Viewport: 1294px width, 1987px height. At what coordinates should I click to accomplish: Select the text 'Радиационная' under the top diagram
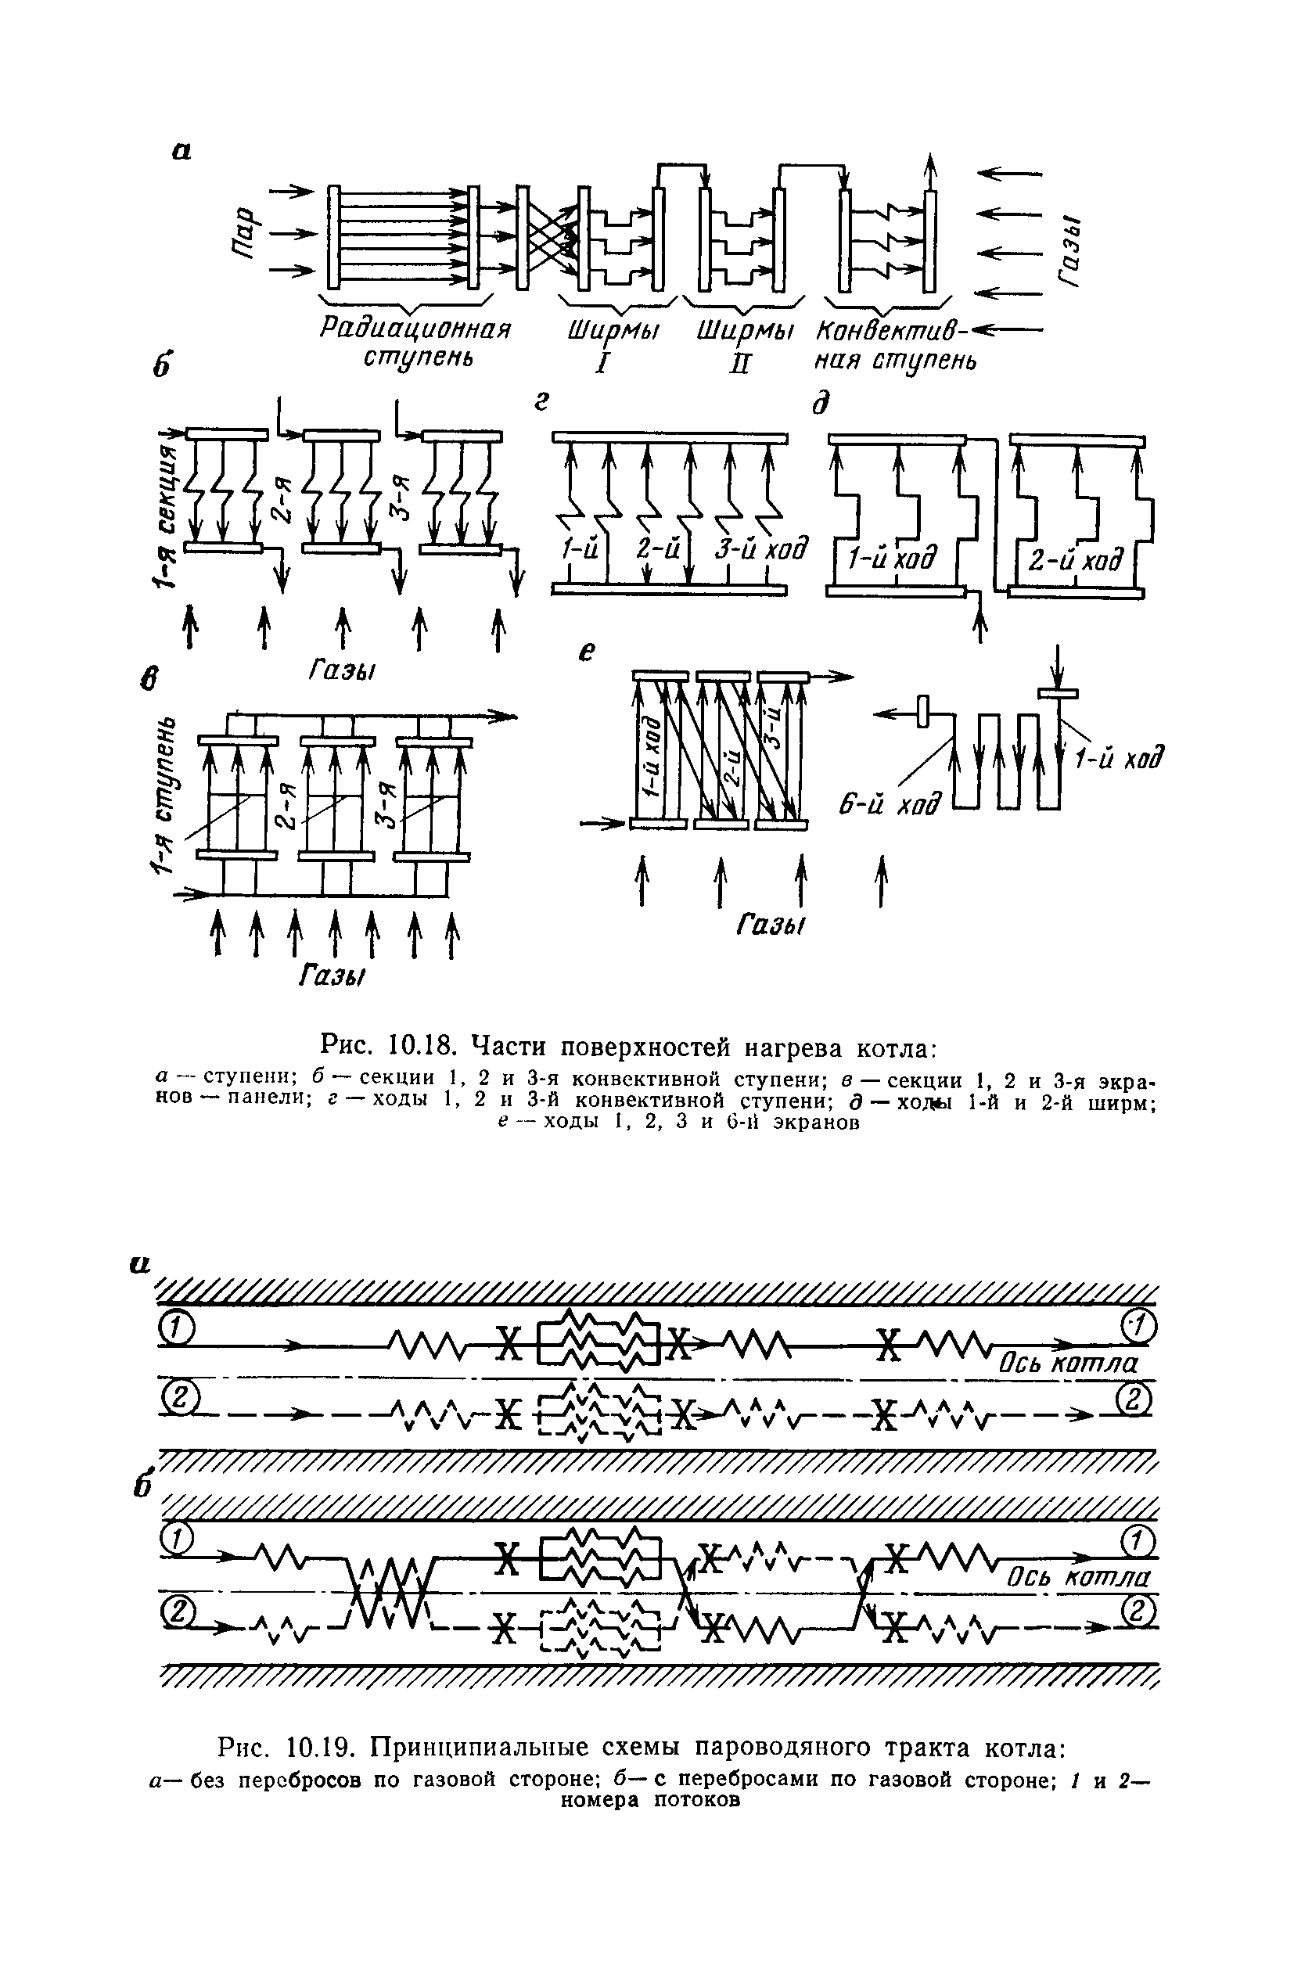pos(415,330)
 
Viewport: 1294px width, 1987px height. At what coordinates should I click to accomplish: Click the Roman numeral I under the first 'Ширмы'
pos(601,364)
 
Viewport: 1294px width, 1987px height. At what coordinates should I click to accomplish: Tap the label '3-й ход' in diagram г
pos(761,549)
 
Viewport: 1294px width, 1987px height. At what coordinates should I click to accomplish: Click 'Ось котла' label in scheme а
pos(1069,1364)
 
